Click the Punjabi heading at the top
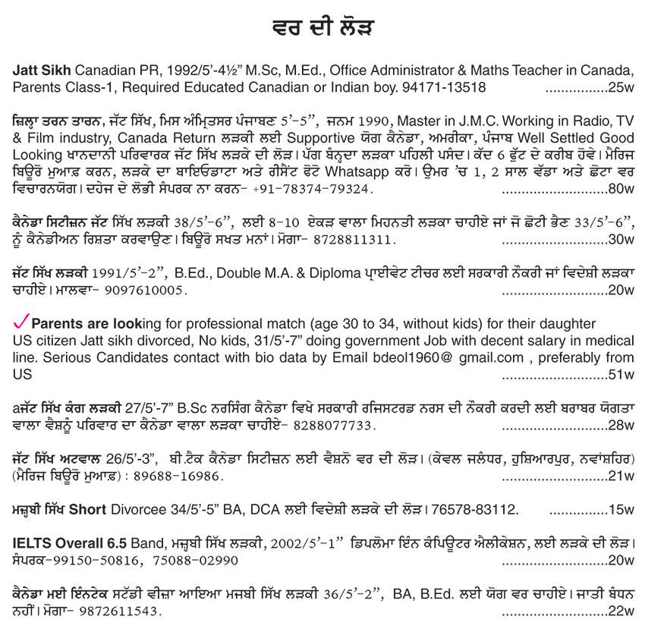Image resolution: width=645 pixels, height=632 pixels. [322, 29]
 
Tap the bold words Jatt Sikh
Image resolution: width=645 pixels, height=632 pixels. [42, 70]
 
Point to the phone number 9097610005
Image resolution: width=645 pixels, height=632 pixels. [143, 291]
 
